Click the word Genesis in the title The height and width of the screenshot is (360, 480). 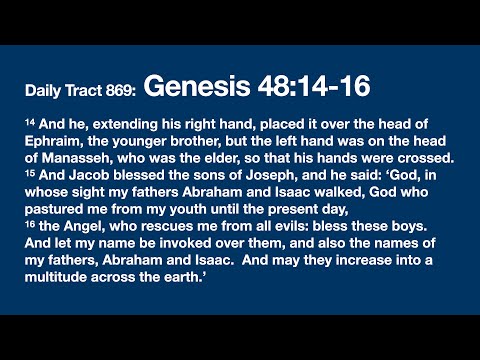[193, 89]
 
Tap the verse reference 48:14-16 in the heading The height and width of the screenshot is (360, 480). [306, 89]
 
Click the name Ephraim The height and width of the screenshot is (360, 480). [56, 139]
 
